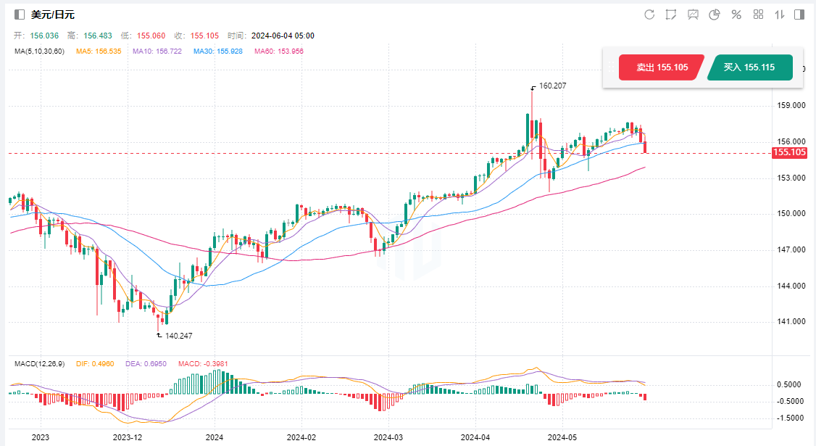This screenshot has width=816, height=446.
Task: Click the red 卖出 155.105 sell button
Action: tap(662, 67)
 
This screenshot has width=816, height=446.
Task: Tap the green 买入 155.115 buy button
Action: tap(749, 67)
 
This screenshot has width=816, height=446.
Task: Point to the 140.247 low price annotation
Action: tap(178, 336)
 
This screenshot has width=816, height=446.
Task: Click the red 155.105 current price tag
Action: tap(790, 152)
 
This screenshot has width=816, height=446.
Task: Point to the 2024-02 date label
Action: tap(301, 437)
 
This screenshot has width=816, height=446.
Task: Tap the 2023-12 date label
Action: tap(128, 437)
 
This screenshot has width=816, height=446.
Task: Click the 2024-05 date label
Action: tap(562, 437)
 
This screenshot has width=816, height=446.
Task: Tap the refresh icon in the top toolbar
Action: tap(649, 15)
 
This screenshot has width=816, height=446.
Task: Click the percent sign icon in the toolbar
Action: tap(736, 15)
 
